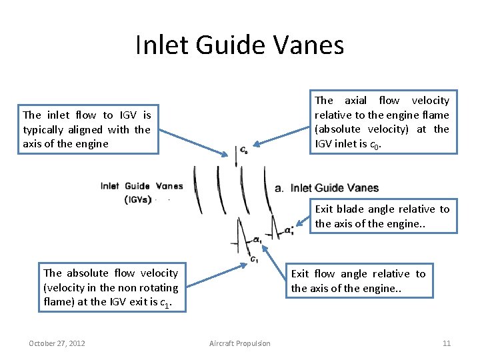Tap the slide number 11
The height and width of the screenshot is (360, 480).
tap(447, 343)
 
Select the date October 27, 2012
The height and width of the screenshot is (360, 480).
tap(57, 343)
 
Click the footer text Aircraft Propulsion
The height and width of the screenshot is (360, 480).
tap(240, 343)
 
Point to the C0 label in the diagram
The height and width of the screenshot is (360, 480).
tap(244, 151)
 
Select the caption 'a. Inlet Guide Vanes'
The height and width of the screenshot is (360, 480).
tap(327, 188)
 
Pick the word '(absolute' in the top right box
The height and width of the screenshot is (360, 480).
tap(337, 129)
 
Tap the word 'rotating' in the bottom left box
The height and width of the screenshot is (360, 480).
tap(158, 287)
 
